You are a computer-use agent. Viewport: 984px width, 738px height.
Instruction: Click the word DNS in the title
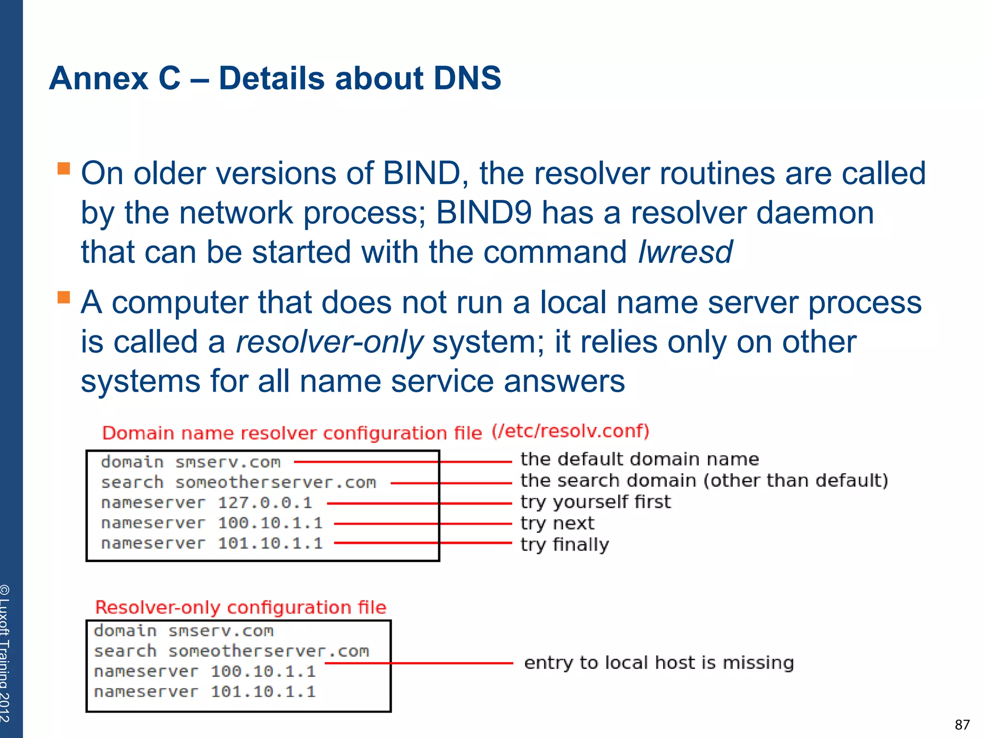click(467, 78)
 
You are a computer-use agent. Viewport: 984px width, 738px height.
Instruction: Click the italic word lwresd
click(685, 252)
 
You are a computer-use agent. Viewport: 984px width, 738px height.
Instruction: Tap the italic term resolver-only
click(330, 342)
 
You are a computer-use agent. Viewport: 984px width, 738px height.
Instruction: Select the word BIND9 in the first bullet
click(483, 213)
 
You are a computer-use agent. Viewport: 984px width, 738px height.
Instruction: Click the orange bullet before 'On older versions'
click(63, 168)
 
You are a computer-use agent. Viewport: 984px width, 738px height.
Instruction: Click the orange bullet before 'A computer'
click(63, 297)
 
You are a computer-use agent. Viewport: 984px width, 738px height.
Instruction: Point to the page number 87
click(962, 725)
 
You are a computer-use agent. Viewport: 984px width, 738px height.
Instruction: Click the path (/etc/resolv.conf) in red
click(570, 431)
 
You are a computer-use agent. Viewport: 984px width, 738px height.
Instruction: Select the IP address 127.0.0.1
click(265, 503)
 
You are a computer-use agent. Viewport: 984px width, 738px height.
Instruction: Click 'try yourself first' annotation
click(595, 502)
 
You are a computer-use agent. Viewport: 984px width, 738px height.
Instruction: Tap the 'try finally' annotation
click(565, 544)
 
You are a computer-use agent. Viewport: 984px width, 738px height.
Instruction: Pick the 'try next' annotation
click(557, 523)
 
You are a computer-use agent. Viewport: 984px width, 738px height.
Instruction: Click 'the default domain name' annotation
click(640, 459)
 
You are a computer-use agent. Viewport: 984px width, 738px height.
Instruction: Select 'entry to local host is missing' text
click(659, 663)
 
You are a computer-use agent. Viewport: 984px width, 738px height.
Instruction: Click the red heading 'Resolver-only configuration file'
click(241, 608)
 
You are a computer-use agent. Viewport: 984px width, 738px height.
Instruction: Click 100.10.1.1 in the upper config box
click(270, 523)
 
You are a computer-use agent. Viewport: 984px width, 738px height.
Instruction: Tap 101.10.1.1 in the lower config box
click(263, 692)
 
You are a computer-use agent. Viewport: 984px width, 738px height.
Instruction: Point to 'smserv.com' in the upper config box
click(228, 463)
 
